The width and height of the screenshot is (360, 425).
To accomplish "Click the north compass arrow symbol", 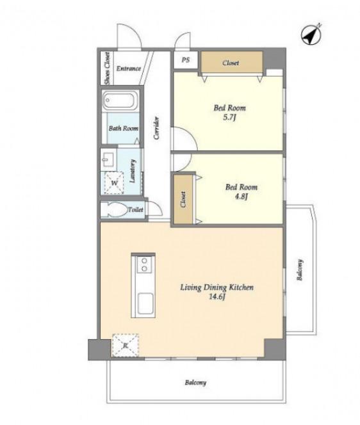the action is (x=311, y=35).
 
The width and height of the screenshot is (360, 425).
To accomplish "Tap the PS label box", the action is (x=186, y=60).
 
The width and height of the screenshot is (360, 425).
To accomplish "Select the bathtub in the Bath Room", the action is (x=119, y=100).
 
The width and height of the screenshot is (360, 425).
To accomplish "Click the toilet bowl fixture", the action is (x=115, y=209).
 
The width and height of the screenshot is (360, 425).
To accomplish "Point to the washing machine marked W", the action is (x=114, y=182).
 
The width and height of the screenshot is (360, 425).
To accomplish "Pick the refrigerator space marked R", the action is (x=126, y=346).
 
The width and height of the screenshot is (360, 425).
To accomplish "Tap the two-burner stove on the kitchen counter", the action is (x=144, y=264).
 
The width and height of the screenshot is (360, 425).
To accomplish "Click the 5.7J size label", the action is (x=229, y=118).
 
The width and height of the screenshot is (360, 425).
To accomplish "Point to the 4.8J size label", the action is (x=241, y=196).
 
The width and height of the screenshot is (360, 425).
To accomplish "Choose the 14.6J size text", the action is (x=217, y=296).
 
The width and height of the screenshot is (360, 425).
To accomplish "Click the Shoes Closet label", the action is (x=108, y=68).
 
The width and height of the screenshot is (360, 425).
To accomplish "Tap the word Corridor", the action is (x=156, y=128).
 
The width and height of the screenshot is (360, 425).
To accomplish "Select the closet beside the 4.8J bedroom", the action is (x=183, y=200).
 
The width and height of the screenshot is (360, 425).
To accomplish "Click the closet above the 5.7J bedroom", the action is (x=231, y=62).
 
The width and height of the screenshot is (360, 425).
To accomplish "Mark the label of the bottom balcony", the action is (x=195, y=383).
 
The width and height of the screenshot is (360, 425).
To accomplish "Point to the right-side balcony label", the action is (x=300, y=270).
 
